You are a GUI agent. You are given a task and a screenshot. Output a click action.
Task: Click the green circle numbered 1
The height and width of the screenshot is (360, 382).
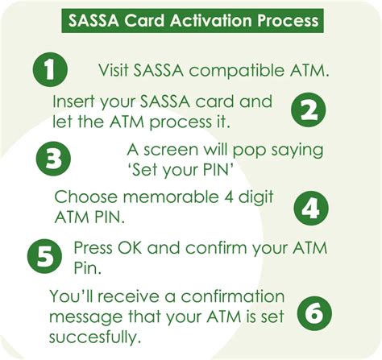pos(50,70)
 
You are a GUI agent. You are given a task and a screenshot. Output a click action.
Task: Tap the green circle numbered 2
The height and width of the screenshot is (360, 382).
pos(308,112)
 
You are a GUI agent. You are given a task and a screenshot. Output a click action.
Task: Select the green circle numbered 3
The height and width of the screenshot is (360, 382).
pos(54,159)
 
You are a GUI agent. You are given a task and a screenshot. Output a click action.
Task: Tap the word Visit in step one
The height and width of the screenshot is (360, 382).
pos(115,70)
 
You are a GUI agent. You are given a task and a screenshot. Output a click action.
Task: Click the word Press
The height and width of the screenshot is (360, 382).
pos(94,247)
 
